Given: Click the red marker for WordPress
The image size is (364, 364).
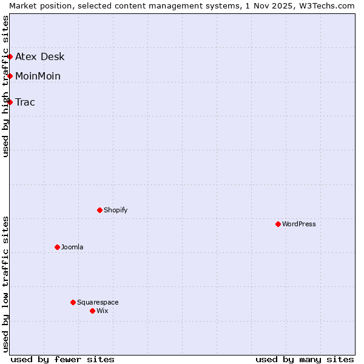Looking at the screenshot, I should click(x=278, y=224).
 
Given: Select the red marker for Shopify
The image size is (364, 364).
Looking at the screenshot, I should click(x=99, y=210).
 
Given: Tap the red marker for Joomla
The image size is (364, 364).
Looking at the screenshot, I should click(x=57, y=247).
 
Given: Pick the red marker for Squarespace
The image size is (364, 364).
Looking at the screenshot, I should click(x=73, y=302).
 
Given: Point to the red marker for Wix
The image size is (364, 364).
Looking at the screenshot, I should click(x=92, y=311).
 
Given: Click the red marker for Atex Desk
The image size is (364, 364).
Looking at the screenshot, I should click(x=10, y=56).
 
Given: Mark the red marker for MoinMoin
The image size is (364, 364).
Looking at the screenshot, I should click(x=10, y=76).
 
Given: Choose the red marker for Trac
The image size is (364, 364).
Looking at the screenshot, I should click(x=10, y=102).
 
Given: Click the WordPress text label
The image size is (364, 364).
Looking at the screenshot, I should click(x=299, y=224).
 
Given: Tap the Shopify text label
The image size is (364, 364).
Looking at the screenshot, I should click(x=116, y=210).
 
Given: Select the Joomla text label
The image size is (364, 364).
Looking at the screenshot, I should click(x=72, y=247).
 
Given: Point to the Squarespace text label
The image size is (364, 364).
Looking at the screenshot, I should click(x=98, y=302).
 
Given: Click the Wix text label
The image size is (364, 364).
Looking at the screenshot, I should click(x=103, y=311).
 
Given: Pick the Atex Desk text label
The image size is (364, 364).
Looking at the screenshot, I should click(x=40, y=57).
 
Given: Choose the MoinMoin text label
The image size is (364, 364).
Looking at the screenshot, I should click(x=38, y=76).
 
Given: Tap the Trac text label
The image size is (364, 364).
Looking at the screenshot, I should click(x=25, y=102).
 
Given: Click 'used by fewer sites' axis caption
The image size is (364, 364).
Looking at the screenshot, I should click(x=62, y=359).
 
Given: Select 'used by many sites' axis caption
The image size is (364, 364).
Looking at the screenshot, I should click(x=305, y=359).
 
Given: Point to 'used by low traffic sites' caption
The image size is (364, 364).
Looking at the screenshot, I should click(x=5, y=284).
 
